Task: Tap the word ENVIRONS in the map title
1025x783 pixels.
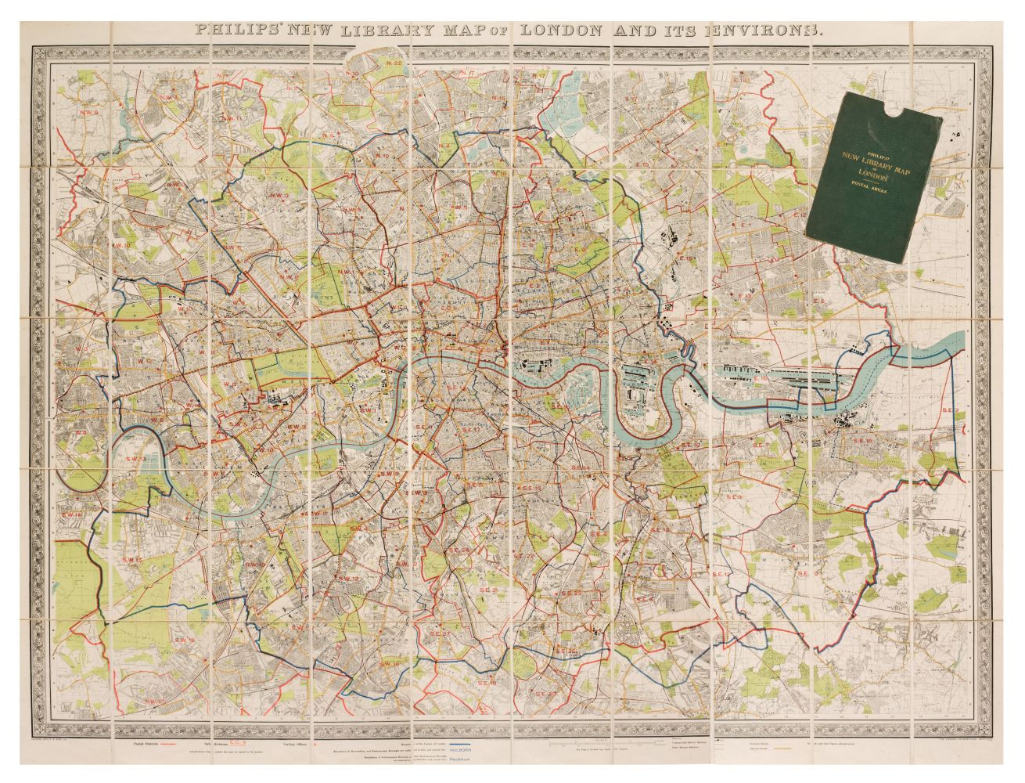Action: pyautogui.click(x=752, y=31)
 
